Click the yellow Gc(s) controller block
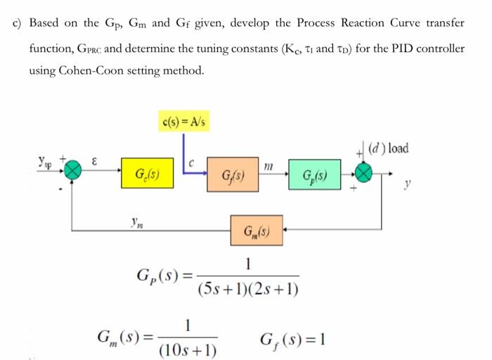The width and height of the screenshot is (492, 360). (x=146, y=174)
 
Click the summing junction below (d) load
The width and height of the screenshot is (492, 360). (x=364, y=173)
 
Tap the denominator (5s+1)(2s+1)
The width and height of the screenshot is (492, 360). (x=248, y=289)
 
